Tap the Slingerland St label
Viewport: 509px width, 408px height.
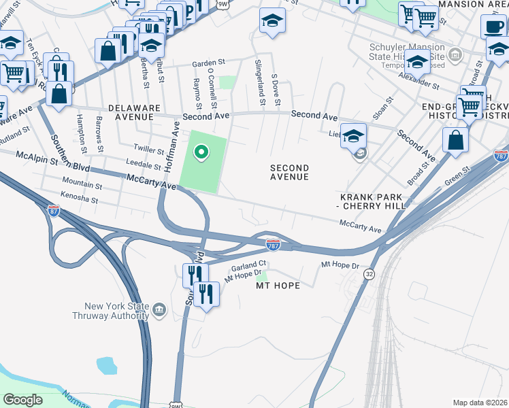(259, 82)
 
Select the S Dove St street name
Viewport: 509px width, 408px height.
(276, 90)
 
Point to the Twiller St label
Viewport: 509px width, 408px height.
(150, 149)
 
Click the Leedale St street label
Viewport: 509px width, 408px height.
(143, 162)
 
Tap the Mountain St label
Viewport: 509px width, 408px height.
(82, 184)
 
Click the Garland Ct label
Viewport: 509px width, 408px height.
(248, 265)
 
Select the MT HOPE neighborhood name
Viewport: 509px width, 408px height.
(278, 286)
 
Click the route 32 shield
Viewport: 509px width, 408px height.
(369, 273)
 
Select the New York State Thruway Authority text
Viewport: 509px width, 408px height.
(112, 311)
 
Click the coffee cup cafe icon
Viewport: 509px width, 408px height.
(493, 27)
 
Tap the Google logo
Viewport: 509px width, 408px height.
(23, 400)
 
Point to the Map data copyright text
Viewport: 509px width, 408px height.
(480, 403)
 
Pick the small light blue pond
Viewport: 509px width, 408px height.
(108, 365)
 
